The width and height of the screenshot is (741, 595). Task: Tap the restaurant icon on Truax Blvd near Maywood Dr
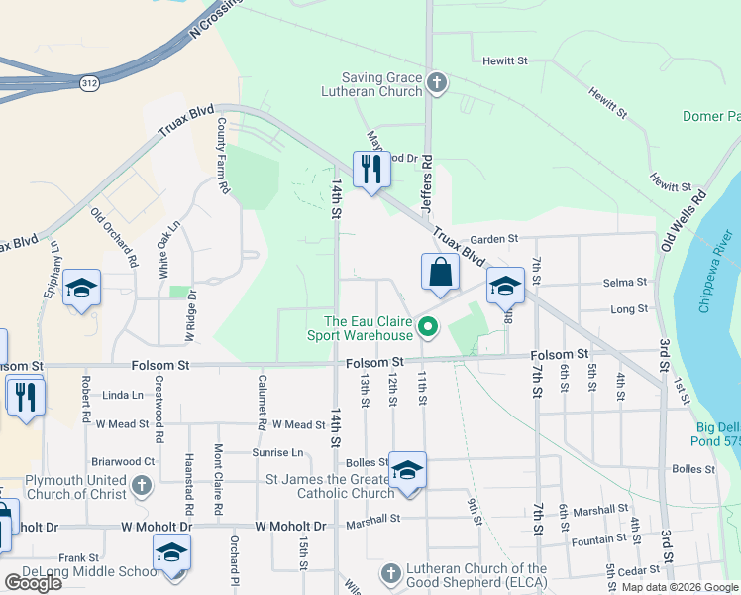pyautogui.click(x=371, y=169)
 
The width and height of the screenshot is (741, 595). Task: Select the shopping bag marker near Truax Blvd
pyautogui.click(x=440, y=272)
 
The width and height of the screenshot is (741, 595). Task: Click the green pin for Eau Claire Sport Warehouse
pyautogui.click(x=429, y=325)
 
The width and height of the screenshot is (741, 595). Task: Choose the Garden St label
pyautogui.click(x=494, y=239)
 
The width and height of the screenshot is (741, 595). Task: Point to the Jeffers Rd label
pyautogui.click(x=427, y=180)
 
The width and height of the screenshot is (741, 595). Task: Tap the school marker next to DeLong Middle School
pyautogui.click(x=171, y=553)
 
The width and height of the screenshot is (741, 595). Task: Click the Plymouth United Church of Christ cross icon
pyautogui.click(x=142, y=486)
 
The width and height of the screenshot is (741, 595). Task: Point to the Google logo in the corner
pyautogui.click(x=34, y=583)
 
